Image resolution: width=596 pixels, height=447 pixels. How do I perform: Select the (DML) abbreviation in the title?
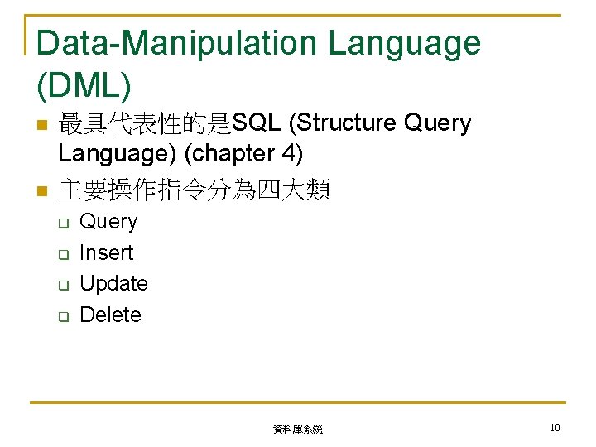pyautogui.click(x=84, y=83)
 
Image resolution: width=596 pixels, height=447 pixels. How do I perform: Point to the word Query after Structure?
pyautogui.click(x=437, y=123)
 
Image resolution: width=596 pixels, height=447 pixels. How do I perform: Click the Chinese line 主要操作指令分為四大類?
pyautogui.click(x=195, y=191)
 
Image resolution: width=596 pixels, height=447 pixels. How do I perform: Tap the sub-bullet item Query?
pyautogui.click(x=108, y=222)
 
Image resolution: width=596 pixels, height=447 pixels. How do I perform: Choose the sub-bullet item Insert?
pyautogui.click(x=106, y=252)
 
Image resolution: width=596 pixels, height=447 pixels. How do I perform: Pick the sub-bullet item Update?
pyautogui.click(x=113, y=284)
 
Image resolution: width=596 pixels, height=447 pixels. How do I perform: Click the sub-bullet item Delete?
pyautogui.click(x=110, y=315)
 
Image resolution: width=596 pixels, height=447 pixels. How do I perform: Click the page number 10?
pyautogui.click(x=555, y=428)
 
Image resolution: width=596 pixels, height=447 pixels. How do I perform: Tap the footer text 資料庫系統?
pyautogui.click(x=298, y=430)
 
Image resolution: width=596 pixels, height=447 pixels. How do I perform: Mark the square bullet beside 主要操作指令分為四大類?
pyautogui.click(x=40, y=193)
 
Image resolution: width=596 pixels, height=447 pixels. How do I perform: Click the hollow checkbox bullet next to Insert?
pyautogui.click(x=61, y=254)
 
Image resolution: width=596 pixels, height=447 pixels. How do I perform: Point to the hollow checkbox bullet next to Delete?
pyautogui.click(x=61, y=316)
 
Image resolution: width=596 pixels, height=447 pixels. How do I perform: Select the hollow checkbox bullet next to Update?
pyautogui.click(x=61, y=286)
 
